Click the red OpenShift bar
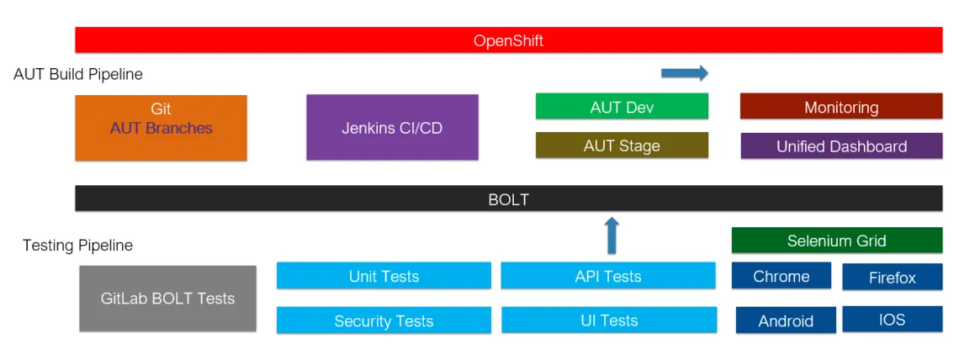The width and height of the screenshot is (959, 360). [x=508, y=40]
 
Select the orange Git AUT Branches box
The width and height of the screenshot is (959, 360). [x=161, y=128]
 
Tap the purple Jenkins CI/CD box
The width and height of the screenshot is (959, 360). [x=392, y=128]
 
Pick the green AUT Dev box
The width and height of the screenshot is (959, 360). [x=621, y=107]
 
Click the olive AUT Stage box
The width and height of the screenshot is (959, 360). [x=621, y=145]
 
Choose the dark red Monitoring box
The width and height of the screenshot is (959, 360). [x=841, y=107]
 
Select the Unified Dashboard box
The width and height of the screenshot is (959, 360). [x=841, y=146]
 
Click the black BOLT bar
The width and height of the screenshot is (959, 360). [x=508, y=198]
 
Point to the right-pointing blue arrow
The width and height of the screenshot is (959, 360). [x=684, y=73]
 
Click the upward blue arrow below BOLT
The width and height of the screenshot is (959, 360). [x=611, y=235]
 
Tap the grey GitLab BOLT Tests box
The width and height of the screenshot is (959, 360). [x=167, y=298]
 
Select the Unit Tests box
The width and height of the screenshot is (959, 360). [x=384, y=276]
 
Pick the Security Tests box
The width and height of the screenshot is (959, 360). [x=384, y=321]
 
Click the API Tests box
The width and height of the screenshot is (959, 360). [x=608, y=276]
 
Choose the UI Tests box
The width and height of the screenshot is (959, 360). [x=608, y=320]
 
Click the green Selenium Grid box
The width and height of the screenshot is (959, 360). [x=836, y=240]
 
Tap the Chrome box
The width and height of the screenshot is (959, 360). [x=781, y=276]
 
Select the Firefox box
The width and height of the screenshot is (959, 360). [x=892, y=277]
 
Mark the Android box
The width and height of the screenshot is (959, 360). [x=785, y=321]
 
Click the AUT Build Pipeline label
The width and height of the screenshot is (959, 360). [x=78, y=75]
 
